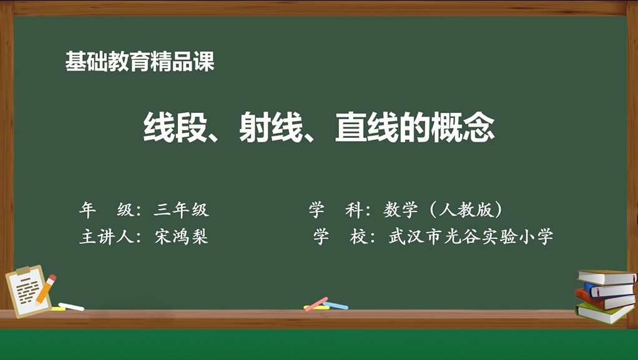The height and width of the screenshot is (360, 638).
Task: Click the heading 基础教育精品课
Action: click(140, 61)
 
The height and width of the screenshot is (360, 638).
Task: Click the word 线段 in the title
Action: click(175, 127)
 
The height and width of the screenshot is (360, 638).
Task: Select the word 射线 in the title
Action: click(271, 127)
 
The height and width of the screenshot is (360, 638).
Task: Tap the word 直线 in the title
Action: click(367, 127)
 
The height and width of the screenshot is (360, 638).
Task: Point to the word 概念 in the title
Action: click(463, 127)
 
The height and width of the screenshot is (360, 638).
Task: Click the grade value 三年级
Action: click(181, 210)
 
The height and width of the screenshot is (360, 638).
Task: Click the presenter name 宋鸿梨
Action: click(182, 236)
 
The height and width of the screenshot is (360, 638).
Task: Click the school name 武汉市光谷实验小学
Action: click(471, 236)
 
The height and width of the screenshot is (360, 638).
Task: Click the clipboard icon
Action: click(29, 291)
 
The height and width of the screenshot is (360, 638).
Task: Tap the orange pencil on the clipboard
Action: click(46, 289)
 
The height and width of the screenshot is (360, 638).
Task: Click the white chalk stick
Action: click(71, 307)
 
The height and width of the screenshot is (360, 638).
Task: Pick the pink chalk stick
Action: click(316, 304)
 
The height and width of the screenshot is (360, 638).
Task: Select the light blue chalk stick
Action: click(335, 306)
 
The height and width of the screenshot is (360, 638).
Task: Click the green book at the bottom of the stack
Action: click(605, 313)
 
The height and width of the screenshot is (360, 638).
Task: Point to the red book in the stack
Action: click(605, 300)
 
